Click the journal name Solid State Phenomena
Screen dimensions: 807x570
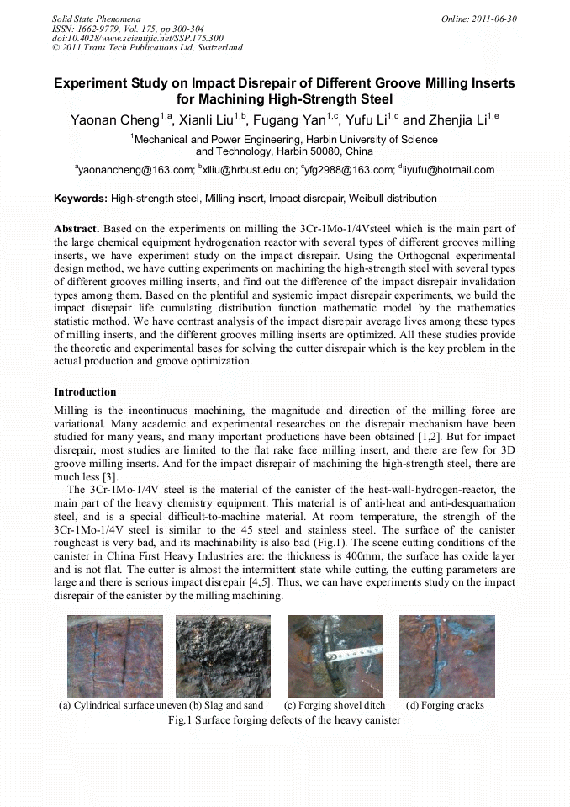click(x=95, y=18)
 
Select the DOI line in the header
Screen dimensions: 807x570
click(x=136, y=38)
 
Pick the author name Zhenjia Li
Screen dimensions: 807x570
click(x=458, y=120)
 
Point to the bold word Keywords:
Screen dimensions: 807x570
click(x=81, y=199)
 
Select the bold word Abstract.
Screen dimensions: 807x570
click(x=77, y=229)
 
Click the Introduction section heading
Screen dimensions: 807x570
click(x=85, y=392)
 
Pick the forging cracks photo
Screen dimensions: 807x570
click(x=446, y=656)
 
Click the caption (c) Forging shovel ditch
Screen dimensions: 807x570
click(x=335, y=705)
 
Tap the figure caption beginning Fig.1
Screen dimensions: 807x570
click(x=284, y=720)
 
